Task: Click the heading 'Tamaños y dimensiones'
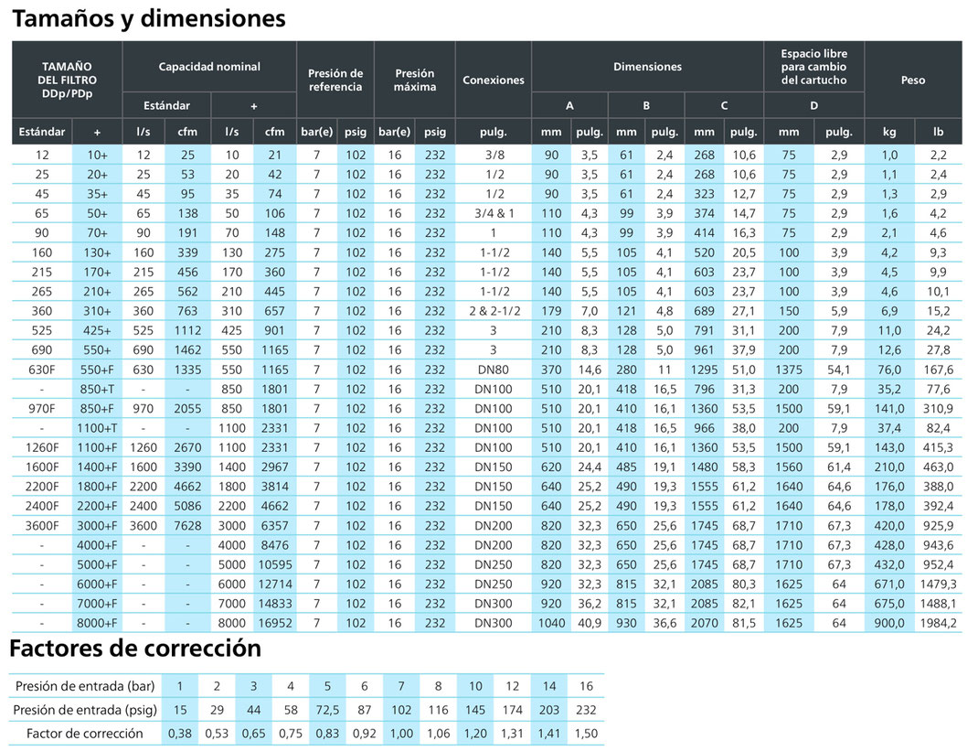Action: click(149, 18)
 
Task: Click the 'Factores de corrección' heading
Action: click(135, 649)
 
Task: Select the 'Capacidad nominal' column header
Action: click(209, 67)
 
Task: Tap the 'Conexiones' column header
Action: click(494, 80)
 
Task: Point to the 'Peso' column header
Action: click(913, 80)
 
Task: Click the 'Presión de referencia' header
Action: click(335, 80)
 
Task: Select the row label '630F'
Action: click(42, 370)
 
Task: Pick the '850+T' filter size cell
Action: click(97, 389)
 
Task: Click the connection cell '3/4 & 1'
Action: click(494, 213)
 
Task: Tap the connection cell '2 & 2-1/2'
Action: click(494, 311)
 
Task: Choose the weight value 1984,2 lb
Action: click(938, 623)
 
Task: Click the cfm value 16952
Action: click(275, 623)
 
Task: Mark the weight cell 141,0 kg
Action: click(889, 408)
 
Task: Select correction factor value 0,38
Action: click(180, 734)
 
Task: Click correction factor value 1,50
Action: click(586, 734)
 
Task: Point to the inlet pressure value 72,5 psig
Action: click(327, 710)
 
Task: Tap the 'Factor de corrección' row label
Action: click(85, 734)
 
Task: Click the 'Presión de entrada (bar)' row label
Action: click(85, 686)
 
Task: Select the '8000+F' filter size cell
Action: click(97, 623)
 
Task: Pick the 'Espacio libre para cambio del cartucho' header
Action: click(814, 67)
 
